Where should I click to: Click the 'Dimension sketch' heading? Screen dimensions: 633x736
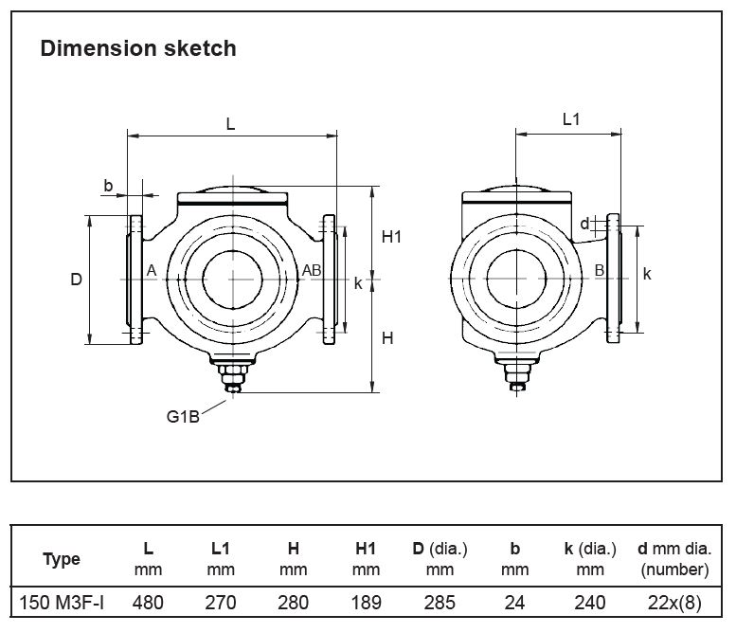(138, 48)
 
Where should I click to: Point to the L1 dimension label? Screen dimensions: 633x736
(571, 119)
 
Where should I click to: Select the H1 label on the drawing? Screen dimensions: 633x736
(392, 237)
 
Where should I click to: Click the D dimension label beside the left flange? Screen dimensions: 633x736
(77, 280)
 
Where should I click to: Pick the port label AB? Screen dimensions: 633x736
(312, 271)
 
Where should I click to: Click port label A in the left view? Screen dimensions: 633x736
(151, 271)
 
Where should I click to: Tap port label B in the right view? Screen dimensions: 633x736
(599, 271)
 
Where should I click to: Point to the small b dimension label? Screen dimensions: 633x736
(108, 186)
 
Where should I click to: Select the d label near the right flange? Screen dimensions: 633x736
(584, 224)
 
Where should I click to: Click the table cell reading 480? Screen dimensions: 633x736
(148, 603)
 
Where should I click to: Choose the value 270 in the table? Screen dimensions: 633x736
(221, 603)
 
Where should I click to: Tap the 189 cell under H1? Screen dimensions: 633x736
(366, 603)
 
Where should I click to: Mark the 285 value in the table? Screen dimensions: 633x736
(440, 603)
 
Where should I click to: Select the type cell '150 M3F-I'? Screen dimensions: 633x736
(61, 603)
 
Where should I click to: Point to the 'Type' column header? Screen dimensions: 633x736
(62, 559)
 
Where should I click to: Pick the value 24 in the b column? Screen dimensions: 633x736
(514, 603)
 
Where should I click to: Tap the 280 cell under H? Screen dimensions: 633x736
(294, 603)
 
